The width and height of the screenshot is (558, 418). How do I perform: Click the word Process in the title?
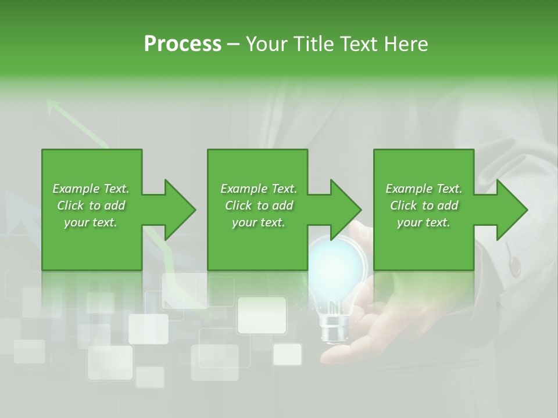(x=183, y=44)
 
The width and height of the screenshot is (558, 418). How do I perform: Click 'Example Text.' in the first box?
(x=91, y=189)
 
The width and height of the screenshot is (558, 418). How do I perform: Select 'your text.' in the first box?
(x=91, y=222)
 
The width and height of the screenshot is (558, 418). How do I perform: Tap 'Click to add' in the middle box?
(x=259, y=206)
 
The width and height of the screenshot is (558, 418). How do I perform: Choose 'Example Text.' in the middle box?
(x=259, y=189)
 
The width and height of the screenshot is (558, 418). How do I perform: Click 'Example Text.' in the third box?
(x=424, y=189)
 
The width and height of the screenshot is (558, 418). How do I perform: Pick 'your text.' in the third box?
(x=424, y=222)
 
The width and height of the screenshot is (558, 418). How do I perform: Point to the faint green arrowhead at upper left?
(x=54, y=106)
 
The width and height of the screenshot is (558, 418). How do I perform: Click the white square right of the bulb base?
(x=287, y=354)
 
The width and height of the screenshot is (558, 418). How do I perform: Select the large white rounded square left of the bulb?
(x=262, y=315)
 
